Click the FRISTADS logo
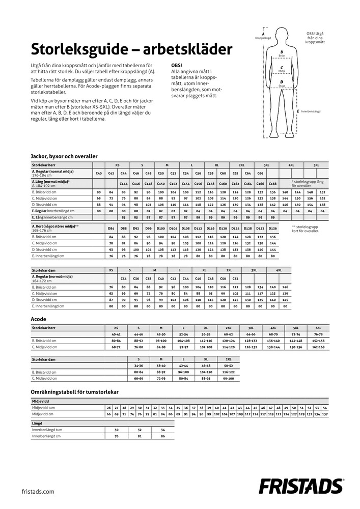coord(301,486)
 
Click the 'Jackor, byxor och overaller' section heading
coord(64,156)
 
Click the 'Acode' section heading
coord(39,319)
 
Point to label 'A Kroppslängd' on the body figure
coord(263,36)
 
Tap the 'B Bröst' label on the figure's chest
coord(282,53)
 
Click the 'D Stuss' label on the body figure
coord(282,83)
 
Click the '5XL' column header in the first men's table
coord(316,165)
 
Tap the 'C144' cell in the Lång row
coord(123,183)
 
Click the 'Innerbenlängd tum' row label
coord(46,430)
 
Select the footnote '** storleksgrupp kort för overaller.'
coord(306,229)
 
